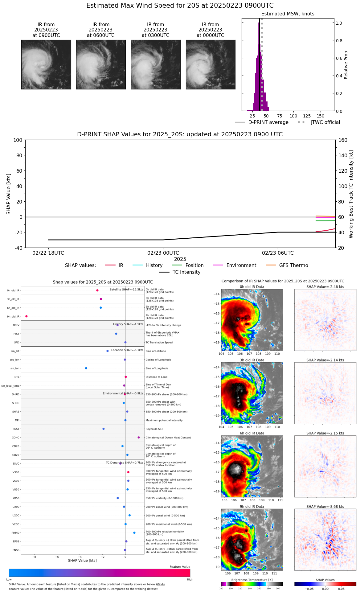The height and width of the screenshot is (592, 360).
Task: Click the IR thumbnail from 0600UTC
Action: click(101, 64)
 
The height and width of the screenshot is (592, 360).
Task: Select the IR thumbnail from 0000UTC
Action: click(211, 64)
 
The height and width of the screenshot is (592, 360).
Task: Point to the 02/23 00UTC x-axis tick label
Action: click(163, 253)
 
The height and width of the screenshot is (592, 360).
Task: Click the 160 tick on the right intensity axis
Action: click(343, 140)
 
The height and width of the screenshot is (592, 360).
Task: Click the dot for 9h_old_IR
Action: click(27, 316)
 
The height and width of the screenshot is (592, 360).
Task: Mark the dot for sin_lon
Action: click(86, 368)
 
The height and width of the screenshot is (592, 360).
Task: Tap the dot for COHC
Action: click(139, 438)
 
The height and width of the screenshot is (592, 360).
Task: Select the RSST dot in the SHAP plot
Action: click(104, 429)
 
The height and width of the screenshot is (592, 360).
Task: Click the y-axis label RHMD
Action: click(15, 533)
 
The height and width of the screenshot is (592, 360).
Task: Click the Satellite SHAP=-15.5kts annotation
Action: click(126, 290)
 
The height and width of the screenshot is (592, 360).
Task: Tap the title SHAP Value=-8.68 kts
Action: click(325, 507)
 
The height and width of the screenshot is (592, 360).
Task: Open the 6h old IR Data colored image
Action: click(252, 466)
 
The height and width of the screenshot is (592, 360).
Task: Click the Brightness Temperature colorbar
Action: click(252, 584)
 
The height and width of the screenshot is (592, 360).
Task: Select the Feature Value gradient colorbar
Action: click(100, 573)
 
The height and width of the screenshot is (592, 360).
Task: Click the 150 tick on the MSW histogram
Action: click(321, 116)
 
